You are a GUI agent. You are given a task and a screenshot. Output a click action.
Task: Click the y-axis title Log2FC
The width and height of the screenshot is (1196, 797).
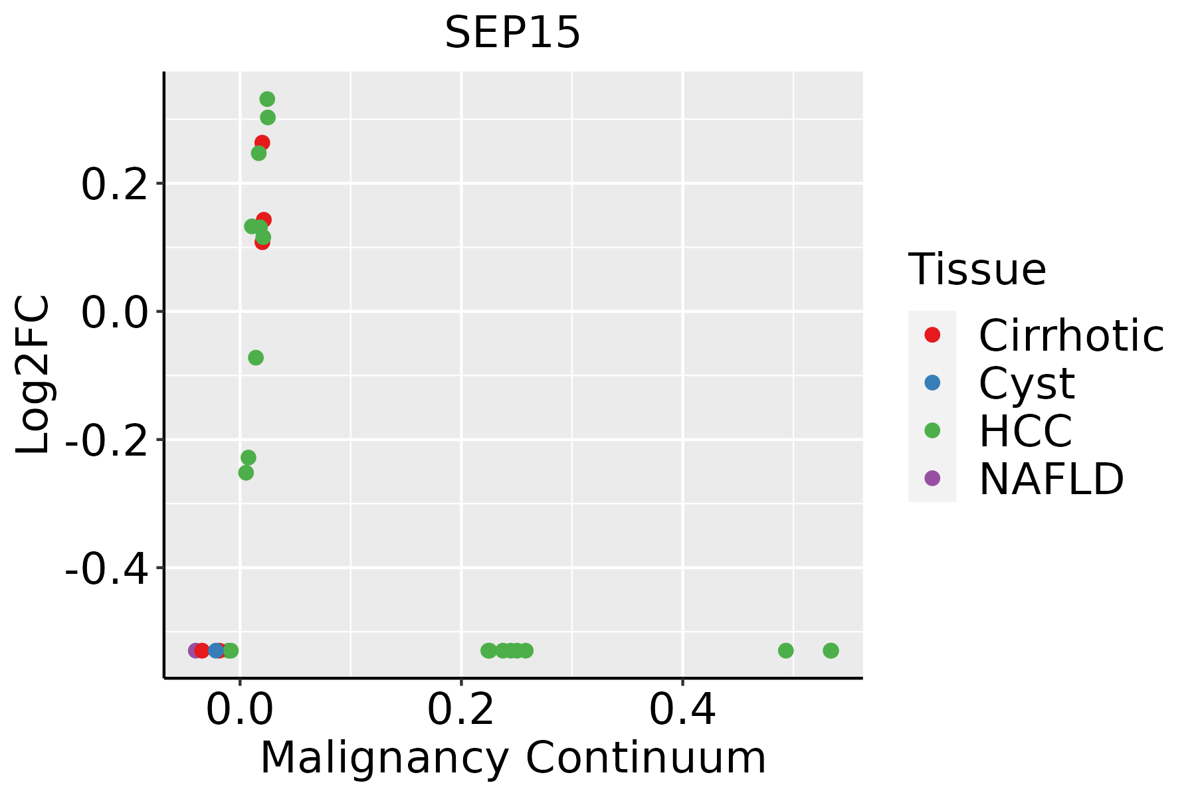tap(33, 375)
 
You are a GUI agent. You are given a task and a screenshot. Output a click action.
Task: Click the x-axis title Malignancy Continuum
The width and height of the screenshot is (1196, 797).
tap(512, 758)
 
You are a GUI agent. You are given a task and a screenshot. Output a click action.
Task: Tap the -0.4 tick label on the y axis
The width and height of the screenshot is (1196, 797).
tap(106, 569)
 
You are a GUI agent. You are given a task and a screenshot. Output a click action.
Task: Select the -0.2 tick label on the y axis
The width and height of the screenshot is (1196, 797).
tap(106, 440)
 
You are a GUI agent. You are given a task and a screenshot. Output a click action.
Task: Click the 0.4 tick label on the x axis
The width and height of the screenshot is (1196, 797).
tap(682, 710)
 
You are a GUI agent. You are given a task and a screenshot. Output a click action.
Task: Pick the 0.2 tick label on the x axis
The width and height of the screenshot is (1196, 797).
tap(460, 710)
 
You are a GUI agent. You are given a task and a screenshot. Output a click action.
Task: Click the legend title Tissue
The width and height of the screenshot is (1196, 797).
tap(977, 270)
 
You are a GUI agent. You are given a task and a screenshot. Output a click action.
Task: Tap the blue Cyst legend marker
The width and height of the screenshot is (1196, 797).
tap(932, 383)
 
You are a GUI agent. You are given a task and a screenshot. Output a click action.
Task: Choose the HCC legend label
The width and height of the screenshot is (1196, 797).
tap(1025, 430)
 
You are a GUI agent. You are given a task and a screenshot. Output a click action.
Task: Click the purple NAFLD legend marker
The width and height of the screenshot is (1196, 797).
tap(932, 478)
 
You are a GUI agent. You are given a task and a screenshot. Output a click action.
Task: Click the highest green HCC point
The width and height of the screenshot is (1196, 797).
tap(267, 100)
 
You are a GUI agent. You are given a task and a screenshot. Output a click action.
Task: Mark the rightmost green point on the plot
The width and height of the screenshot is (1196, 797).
tap(831, 650)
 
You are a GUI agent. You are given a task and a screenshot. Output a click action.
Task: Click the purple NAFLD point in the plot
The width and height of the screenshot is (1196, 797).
tap(195, 650)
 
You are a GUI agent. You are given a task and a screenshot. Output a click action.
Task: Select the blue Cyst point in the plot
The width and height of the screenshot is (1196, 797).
tap(216, 650)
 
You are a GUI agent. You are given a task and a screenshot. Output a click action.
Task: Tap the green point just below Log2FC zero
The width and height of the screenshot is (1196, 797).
tap(256, 358)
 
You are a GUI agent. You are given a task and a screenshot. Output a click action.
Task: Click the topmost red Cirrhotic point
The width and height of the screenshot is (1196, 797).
tap(263, 142)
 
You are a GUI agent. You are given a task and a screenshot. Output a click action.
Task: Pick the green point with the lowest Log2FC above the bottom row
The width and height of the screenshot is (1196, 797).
tap(246, 473)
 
